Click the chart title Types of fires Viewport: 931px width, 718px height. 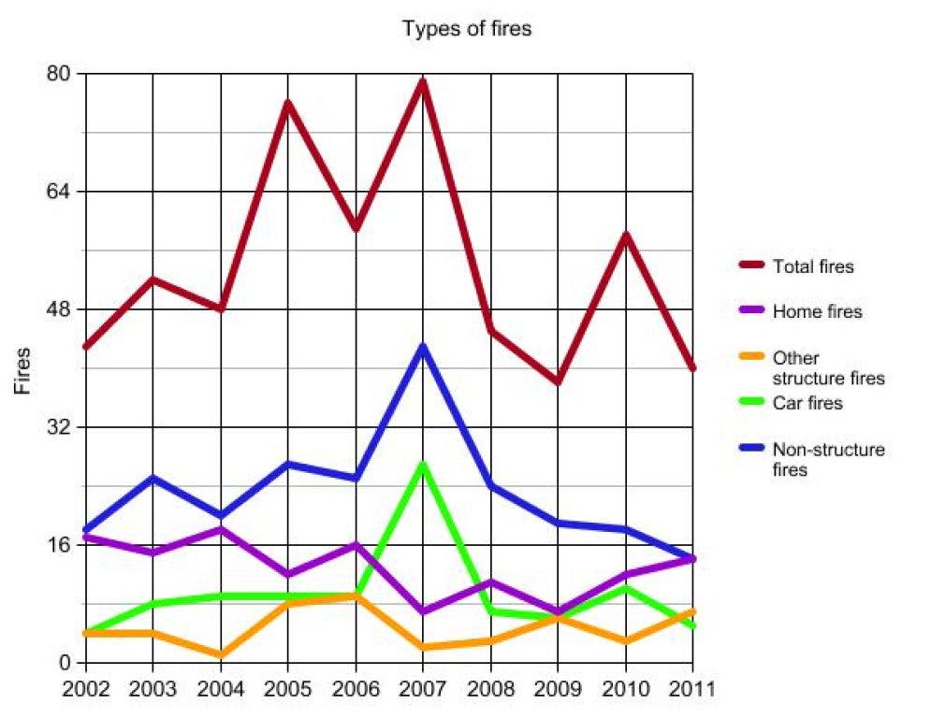[466, 29]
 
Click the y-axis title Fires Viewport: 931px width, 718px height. [22, 370]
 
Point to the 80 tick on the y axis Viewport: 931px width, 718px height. [61, 74]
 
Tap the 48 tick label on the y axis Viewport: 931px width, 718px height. [61, 309]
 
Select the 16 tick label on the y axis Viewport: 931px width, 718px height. [61, 545]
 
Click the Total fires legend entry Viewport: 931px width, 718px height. [813, 266]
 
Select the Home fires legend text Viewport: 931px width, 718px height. [817, 311]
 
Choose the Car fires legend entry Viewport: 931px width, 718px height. [807, 403]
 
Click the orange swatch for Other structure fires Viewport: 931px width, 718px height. [749, 357]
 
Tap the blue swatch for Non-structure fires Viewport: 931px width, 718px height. [749, 449]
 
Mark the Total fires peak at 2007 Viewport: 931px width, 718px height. [423, 81]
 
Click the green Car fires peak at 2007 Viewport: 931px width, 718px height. [423, 465]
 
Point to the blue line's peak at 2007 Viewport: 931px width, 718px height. [423, 347]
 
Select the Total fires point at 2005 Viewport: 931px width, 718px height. [288, 103]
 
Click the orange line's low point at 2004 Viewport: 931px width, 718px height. [221, 655]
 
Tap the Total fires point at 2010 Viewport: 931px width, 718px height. [625, 235]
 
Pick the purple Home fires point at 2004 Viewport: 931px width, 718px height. [221, 530]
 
